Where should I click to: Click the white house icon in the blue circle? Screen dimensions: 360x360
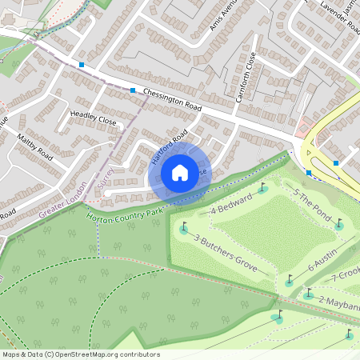(x=180, y=172)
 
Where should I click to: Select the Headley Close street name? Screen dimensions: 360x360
(x=93, y=116)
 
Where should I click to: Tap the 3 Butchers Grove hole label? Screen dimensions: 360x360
(x=226, y=254)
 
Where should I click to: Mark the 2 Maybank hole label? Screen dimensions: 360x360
(x=339, y=302)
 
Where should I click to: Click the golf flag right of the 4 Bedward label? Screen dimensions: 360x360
(x=263, y=189)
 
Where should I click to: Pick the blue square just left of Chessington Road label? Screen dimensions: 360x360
(x=132, y=90)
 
